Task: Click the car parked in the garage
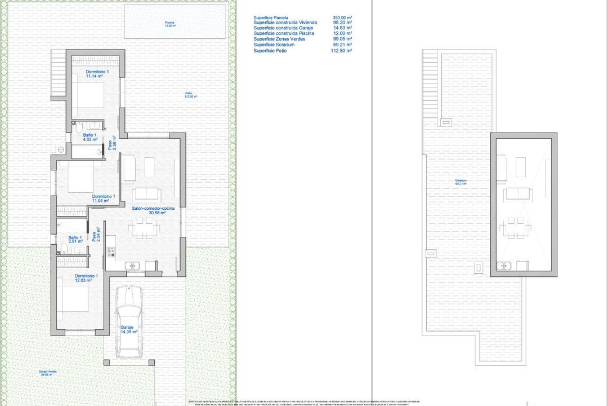129,321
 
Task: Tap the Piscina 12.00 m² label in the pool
170,24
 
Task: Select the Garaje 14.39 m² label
128,330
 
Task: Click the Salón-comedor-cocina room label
153,210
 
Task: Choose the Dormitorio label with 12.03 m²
86,279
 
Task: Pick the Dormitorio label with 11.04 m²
103,198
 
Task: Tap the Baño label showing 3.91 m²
75,240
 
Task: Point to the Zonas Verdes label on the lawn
47,373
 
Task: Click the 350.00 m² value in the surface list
342,17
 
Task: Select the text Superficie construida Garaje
284,28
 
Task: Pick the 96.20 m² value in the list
342,23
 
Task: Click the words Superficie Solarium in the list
274,45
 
